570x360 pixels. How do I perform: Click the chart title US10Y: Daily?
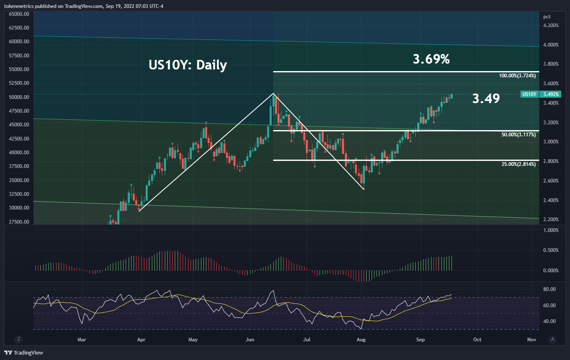(188, 65)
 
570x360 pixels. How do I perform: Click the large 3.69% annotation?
(431, 59)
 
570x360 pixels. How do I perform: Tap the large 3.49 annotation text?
(486, 99)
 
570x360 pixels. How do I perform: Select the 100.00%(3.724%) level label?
(517, 76)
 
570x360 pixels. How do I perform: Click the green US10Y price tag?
(529, 94)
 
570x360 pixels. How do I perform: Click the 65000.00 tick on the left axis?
(18, 14)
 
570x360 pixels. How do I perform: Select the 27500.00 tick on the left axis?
(18, 222)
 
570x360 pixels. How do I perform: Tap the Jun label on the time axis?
(250, 340)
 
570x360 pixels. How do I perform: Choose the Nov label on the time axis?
(531, 340)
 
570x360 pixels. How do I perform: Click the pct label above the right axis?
(547, 17)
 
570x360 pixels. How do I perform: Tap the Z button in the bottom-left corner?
(18, 339)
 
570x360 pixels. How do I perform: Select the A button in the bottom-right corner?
(552, 339)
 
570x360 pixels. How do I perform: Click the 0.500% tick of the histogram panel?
(550, 250)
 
